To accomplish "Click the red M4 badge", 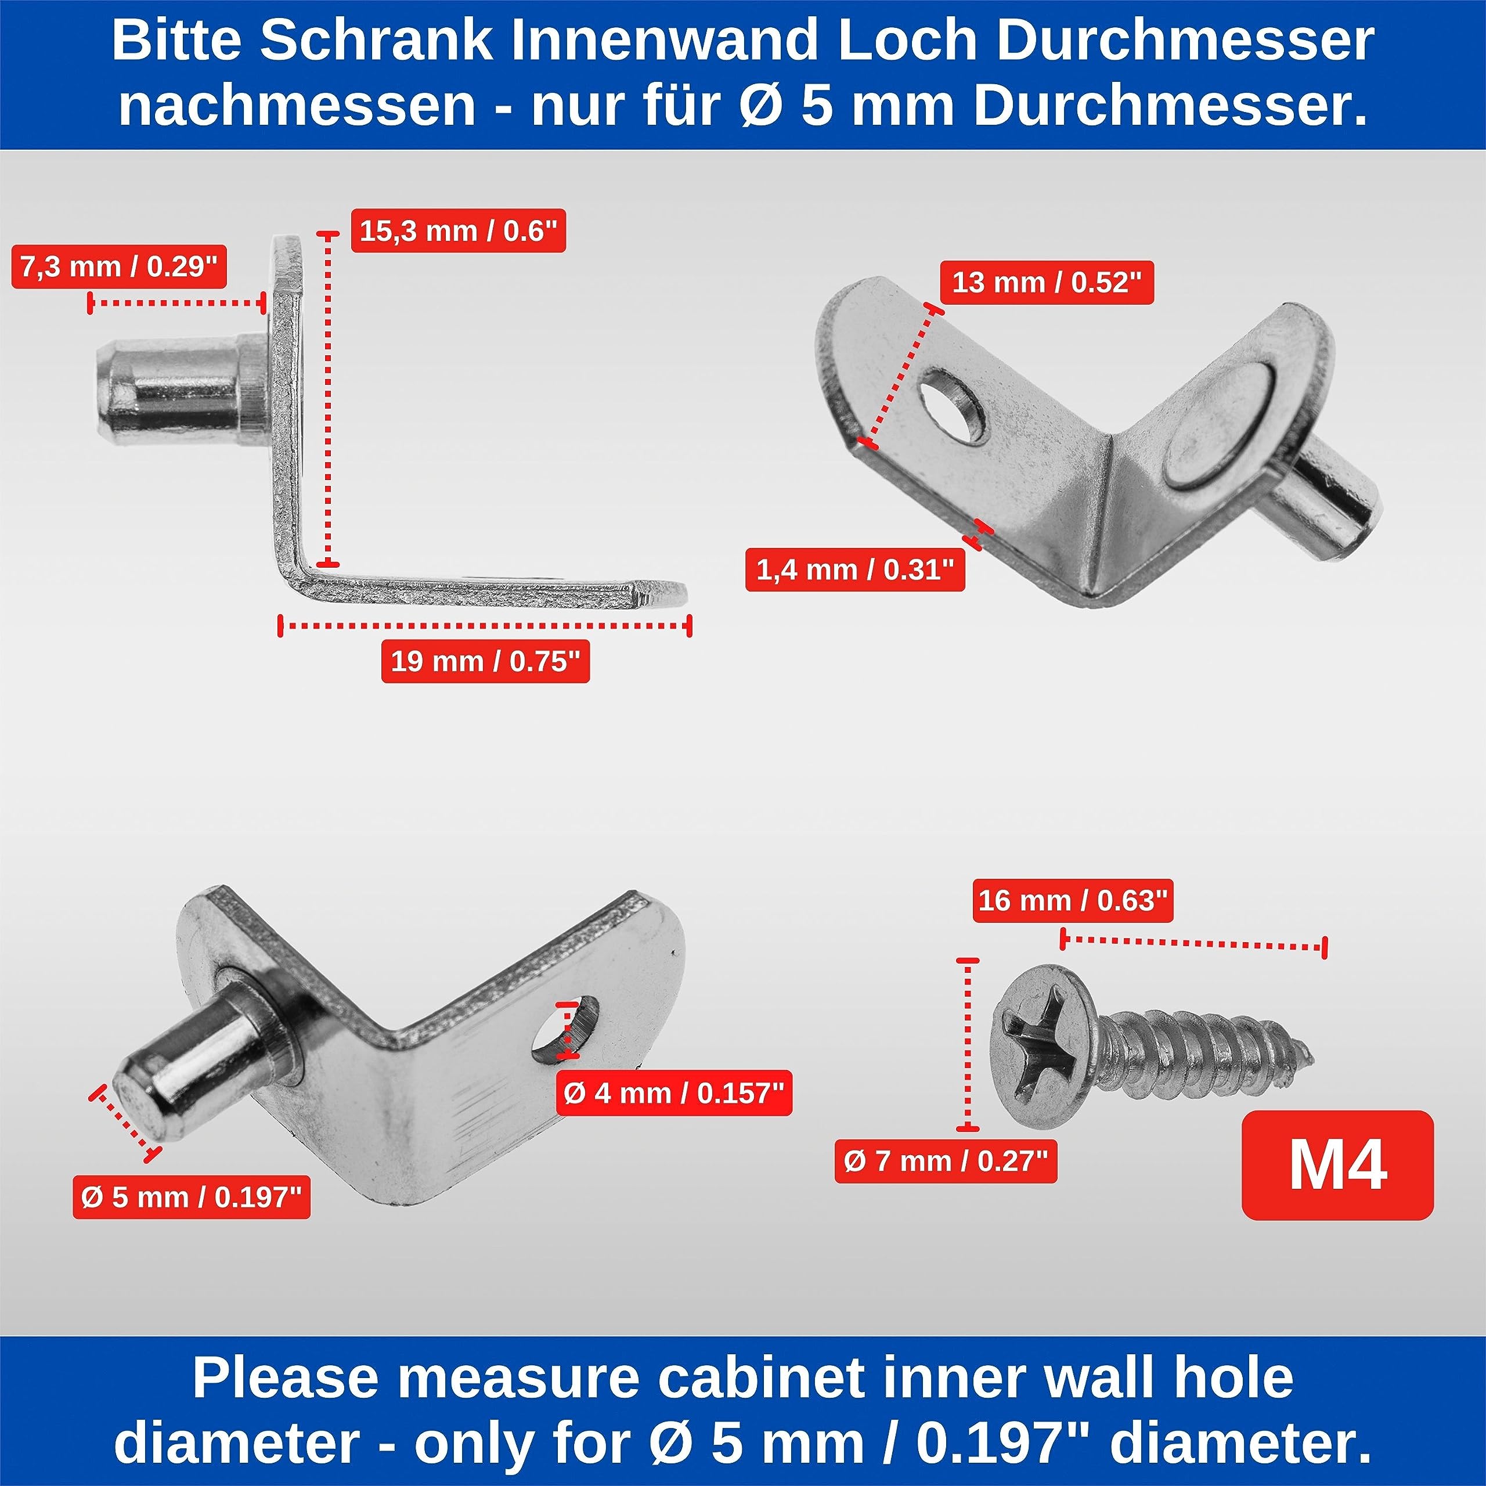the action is tap(1337, 1165).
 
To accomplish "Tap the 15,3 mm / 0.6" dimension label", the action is tap(459, 231).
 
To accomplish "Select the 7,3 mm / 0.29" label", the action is tap(119, 267).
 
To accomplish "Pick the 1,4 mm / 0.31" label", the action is tap(855, 570).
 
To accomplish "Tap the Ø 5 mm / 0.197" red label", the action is tap(192, 1197).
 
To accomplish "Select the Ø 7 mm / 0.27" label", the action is tap(946, 1161).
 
